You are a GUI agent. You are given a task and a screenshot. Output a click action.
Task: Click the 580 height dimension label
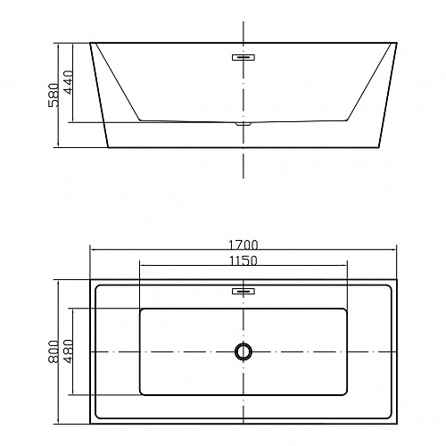[x=54, y=95]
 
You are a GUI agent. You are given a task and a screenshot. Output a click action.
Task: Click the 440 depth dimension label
[x=68, y=82]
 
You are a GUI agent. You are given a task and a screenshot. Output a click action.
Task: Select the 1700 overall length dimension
[x=244, y=244]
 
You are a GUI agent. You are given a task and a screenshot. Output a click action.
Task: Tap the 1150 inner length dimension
[x=244, y=260]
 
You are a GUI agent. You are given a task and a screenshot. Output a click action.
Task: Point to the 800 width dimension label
[x=54, y=351]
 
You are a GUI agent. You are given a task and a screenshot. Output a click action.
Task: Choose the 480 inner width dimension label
[x=68, y=351]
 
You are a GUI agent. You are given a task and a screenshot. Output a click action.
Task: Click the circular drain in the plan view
[x=244, y=351]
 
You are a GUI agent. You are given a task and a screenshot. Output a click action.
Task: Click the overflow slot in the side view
[x=244, y=57]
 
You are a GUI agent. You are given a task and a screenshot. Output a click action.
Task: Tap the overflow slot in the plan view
[x=244, y=291]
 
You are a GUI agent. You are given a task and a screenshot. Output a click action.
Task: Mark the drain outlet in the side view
[x=244, y=123]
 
